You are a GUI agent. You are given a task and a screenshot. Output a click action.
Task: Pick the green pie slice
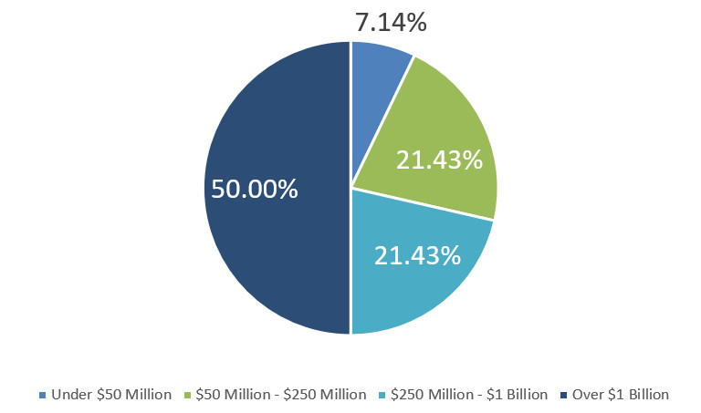(447, 128)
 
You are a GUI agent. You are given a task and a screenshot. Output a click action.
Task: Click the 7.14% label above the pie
(390, 22)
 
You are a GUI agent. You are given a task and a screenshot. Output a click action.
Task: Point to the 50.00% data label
(255, 189)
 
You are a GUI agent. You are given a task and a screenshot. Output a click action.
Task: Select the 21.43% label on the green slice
(439, 160)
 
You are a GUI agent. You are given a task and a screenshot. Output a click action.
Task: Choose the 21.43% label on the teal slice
(418, 254)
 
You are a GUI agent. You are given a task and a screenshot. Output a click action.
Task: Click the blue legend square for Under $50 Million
(42, 395)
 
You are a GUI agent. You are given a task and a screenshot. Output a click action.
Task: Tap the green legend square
(188, 395)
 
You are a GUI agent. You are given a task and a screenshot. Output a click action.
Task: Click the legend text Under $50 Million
(111, 395)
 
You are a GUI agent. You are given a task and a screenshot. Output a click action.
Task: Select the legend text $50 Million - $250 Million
(280, 395)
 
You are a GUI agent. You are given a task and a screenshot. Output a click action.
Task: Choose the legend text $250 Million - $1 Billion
(467, 395)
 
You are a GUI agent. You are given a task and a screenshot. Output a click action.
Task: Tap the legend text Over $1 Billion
(620, 395)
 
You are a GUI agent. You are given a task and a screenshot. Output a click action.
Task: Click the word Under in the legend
(70, 395)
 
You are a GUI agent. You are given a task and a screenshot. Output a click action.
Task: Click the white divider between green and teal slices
(423, 204)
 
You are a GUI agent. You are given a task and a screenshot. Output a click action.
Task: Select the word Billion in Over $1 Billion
(644, 395)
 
